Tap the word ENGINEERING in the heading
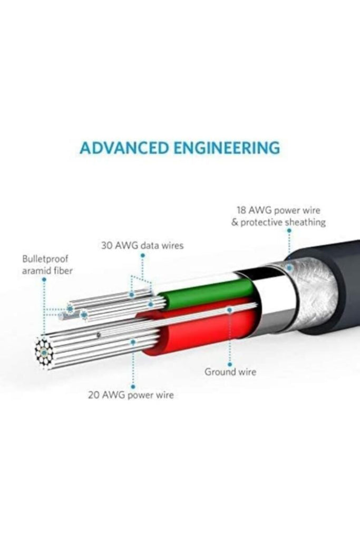click(228, 148)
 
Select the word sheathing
click(305, 222)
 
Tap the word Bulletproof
click(45, 259)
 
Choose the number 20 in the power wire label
click(94, 395)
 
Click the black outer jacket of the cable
click(337, 279)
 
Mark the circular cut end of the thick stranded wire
click(45, 350)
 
